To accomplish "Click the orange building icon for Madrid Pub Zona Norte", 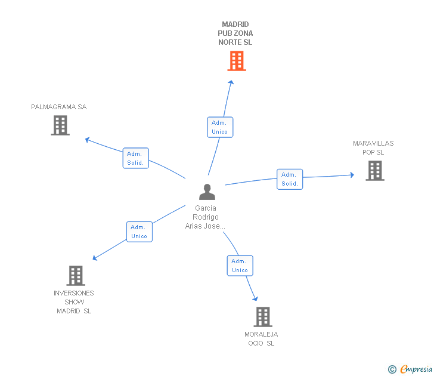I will [237, 61].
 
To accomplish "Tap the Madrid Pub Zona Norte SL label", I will [235, 33].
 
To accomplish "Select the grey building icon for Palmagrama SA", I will [60, 125].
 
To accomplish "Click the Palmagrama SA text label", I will [59, 107].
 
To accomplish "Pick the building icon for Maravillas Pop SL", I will [375, 171].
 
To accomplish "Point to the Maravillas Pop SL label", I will [373, 147].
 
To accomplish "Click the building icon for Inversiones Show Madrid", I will [76, 276].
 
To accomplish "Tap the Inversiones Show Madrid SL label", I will [74, 302].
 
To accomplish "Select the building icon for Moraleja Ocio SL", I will [263, 317].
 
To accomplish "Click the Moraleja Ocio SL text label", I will [261, 338].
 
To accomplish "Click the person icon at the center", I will [207, 192].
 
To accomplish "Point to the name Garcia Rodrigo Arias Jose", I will [206, 217].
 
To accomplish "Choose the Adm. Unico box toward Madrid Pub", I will [220, 127].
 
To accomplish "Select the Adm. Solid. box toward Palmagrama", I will [136, 158].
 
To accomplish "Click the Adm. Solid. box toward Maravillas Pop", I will [290, 179].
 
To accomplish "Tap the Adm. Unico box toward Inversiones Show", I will [139, 232].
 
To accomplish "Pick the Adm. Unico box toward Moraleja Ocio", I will [240, 266].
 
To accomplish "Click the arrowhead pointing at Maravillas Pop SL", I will [352, 175].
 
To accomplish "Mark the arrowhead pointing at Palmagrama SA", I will [88, 140].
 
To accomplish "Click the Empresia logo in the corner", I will [410, 369].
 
